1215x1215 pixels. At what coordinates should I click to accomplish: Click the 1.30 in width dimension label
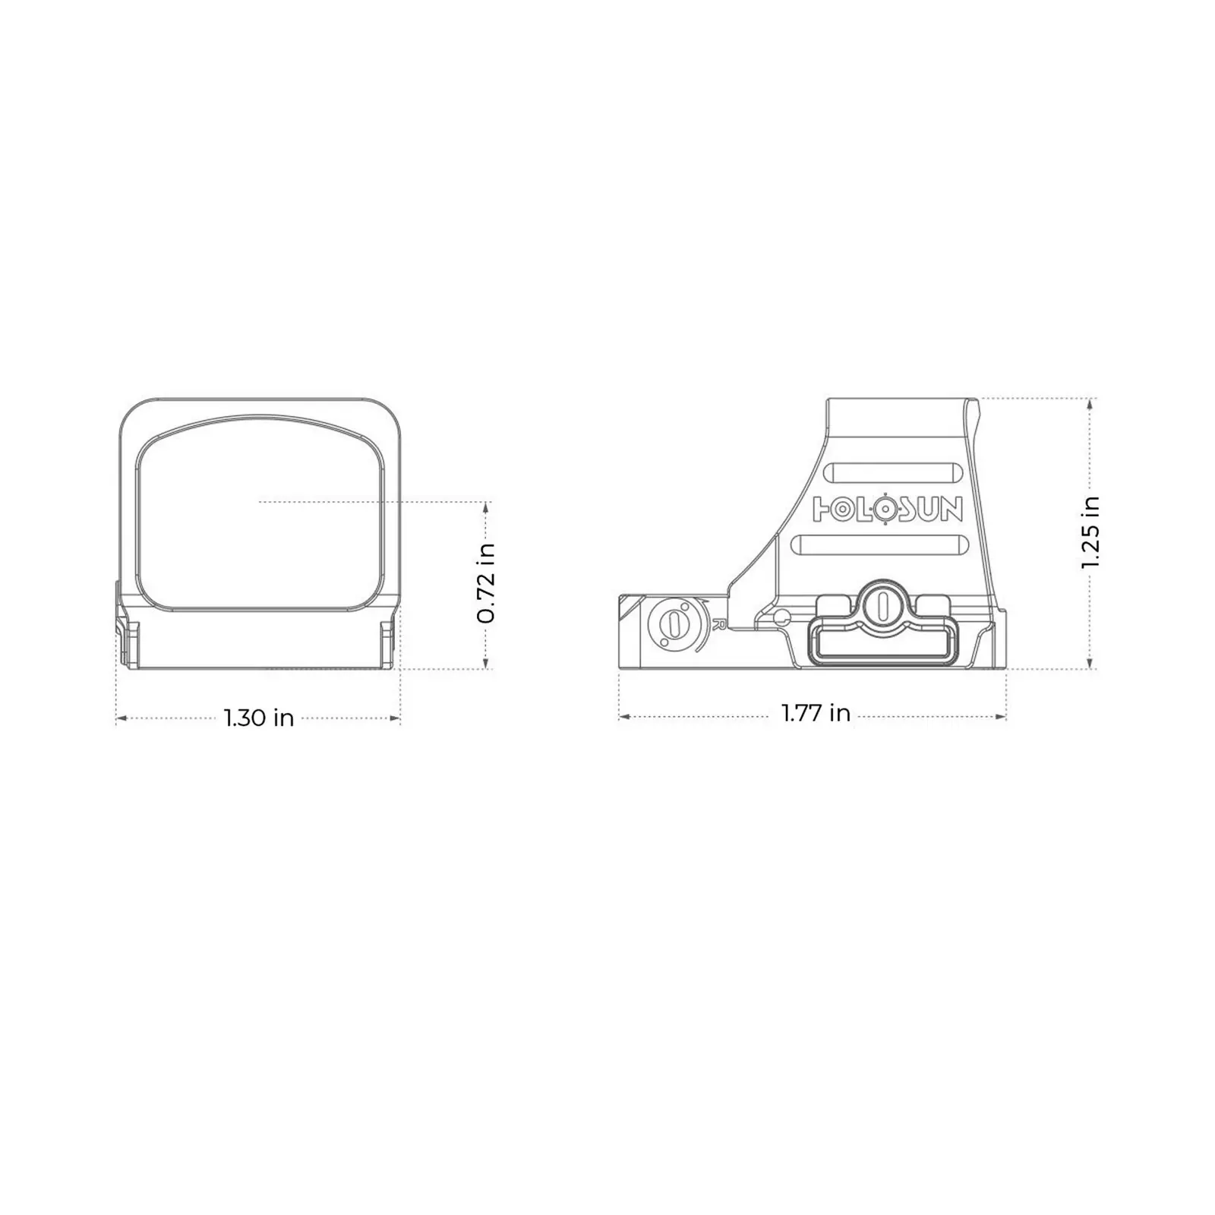tap(259, 718)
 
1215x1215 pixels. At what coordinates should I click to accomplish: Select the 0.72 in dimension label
tap(486, 584)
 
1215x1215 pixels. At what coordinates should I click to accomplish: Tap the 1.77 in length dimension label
tap(816, 713)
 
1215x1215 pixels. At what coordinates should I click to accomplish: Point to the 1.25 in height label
tap(1090, 532)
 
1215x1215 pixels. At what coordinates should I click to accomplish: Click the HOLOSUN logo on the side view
tap(888, 509)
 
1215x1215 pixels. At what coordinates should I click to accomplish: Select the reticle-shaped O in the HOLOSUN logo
tap(882, 509)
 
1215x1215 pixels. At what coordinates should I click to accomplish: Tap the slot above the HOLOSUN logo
tap(893, 473)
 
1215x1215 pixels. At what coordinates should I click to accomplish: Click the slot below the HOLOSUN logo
tap(879, 545)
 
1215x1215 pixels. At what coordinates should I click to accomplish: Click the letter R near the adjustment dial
tap(718, 625)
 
